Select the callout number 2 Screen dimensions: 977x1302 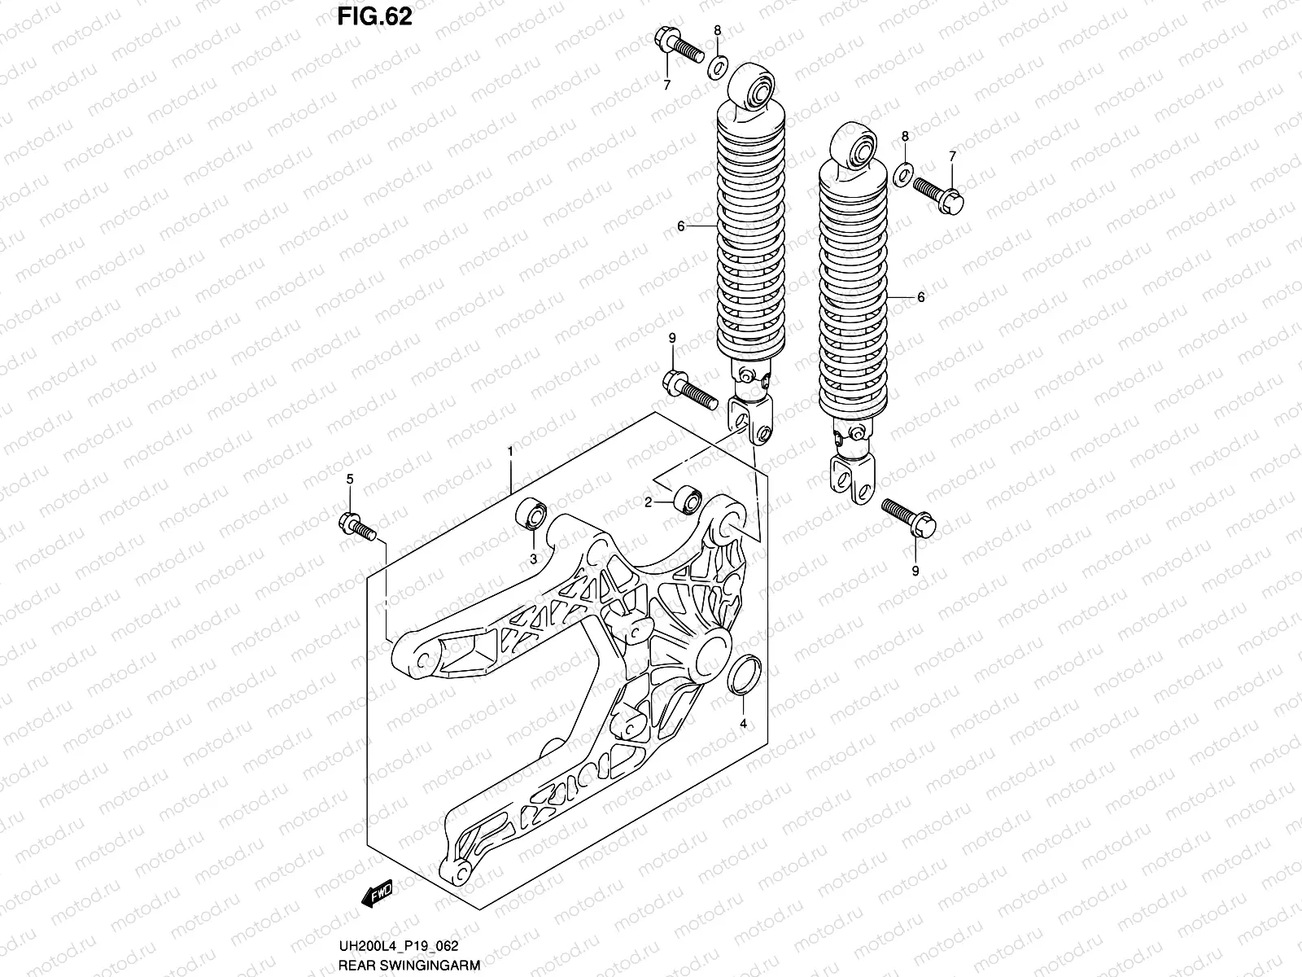(649, 503)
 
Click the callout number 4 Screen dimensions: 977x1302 (742, 723)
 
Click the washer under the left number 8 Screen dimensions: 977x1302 (717, 65)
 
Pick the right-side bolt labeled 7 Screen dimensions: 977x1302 (939, 193)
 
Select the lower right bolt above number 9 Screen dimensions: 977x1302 (908, 516)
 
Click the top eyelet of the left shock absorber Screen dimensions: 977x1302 (754, 85)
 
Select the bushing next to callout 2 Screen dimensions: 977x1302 (684, 498)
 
